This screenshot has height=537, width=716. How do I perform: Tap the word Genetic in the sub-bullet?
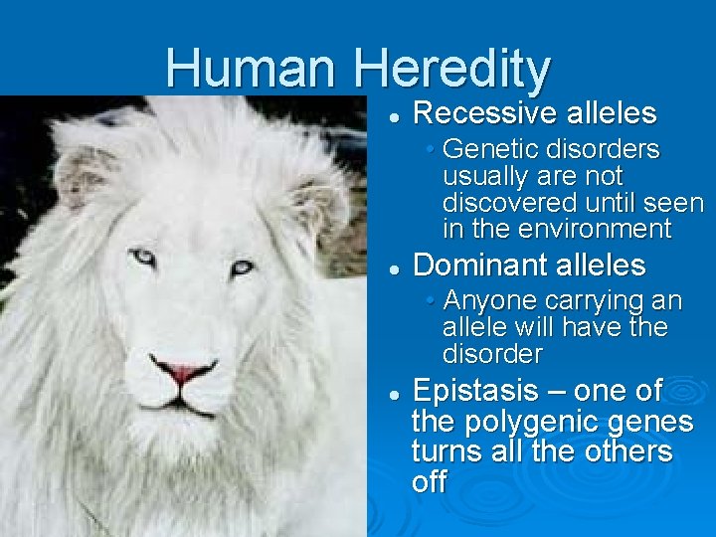tap(484, 149)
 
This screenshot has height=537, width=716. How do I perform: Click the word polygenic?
tap(526, 422)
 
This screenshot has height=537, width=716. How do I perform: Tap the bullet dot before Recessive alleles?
tap(395, 116)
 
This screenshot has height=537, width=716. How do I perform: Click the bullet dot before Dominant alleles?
tap(395, 268)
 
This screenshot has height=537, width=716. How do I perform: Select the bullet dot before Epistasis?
tap(395, 394)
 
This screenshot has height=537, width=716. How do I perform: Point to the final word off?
tap(429, 483)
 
